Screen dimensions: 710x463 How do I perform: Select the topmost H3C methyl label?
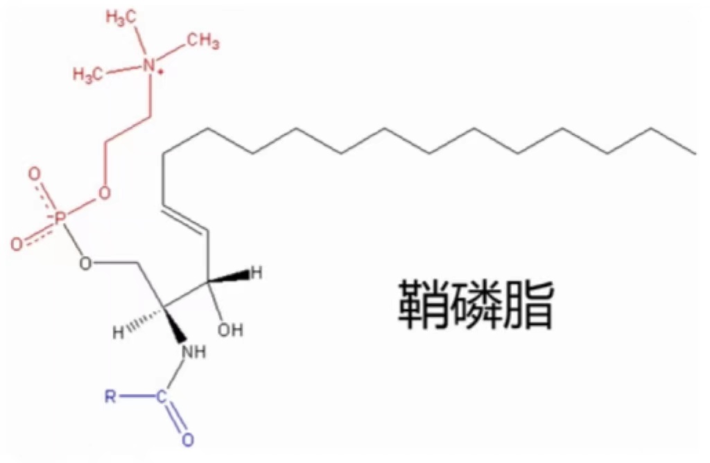121,19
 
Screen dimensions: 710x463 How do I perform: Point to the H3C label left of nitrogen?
87,74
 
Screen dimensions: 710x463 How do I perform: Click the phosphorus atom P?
59,220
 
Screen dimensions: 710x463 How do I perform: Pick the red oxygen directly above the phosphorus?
35,174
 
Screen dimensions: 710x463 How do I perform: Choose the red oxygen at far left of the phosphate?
17,245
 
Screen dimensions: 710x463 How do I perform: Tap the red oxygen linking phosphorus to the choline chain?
105,193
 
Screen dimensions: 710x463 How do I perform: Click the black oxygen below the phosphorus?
85,263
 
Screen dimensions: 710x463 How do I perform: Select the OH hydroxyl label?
230,329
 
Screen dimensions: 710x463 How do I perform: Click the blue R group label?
110,397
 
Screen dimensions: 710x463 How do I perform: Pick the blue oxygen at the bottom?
188,439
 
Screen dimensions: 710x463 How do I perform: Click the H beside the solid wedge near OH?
257,272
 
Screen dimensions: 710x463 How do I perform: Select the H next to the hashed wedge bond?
118,333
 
